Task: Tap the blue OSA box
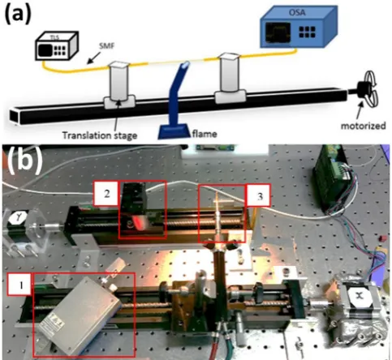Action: pyautogui.click(x=299, y=27)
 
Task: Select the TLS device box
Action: pyautogui.click(x=57, y=45)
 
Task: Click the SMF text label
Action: pyautogui.click(x=106, y=46)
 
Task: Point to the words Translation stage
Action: pyautogui.click(x=100, y=135)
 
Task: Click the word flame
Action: pyautogui.click(x=205, y=134)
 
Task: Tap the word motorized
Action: pyautogui.click(x=363, y=126)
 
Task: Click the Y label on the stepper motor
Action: pyautogui.click(x=18, y=217)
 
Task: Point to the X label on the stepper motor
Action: pyautogui.click(x=360, y=296)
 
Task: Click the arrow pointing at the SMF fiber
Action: pyautogui.click(x=94, y=58)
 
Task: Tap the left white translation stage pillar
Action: pyautogui.click(x=118, y=80)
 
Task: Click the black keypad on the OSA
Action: pyautogui.click(x=308, y=32)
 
